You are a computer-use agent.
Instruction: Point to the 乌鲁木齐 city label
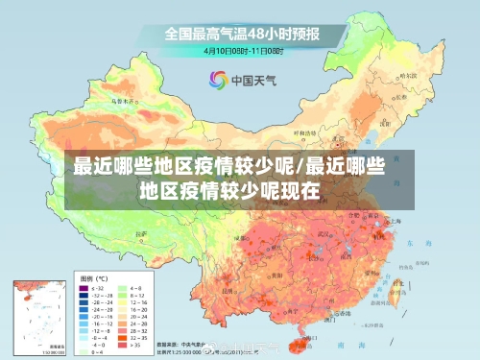pos(122,99)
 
